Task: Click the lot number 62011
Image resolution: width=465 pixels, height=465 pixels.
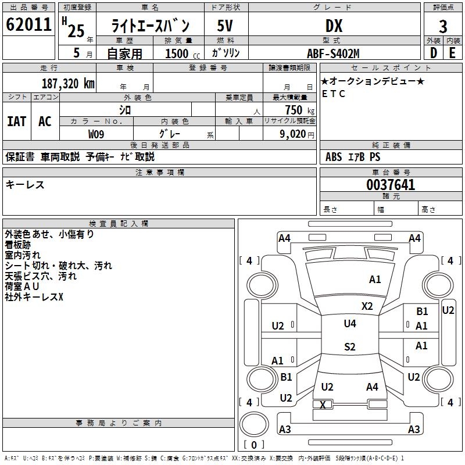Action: point(28,24)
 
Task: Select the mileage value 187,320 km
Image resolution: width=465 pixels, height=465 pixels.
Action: point(68,84)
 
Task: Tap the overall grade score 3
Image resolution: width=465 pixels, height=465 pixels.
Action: point(443,27)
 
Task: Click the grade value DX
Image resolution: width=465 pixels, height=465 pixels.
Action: point(334,26)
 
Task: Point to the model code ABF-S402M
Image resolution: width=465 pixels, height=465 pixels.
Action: point(333,53)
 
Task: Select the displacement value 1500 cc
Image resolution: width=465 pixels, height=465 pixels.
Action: point(183,53)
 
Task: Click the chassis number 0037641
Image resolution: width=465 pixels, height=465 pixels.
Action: point(391,185)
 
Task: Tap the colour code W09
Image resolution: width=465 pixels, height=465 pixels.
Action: point(96,134)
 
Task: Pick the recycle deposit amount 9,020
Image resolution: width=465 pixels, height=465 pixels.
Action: point(293,134)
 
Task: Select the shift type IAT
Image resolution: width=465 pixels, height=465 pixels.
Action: point(17,121)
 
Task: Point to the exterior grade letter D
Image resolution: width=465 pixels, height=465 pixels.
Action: point(433,53)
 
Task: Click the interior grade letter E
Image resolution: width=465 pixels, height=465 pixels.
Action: point(452,53)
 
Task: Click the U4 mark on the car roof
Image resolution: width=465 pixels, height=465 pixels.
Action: point(350,324)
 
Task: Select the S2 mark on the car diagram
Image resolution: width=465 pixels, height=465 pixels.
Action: point(350,346)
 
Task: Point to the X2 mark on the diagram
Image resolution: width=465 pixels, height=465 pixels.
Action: point(367,306)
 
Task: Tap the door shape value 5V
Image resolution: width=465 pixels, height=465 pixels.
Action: point(225,26)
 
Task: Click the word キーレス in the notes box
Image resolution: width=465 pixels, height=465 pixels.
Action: point(25,185)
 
